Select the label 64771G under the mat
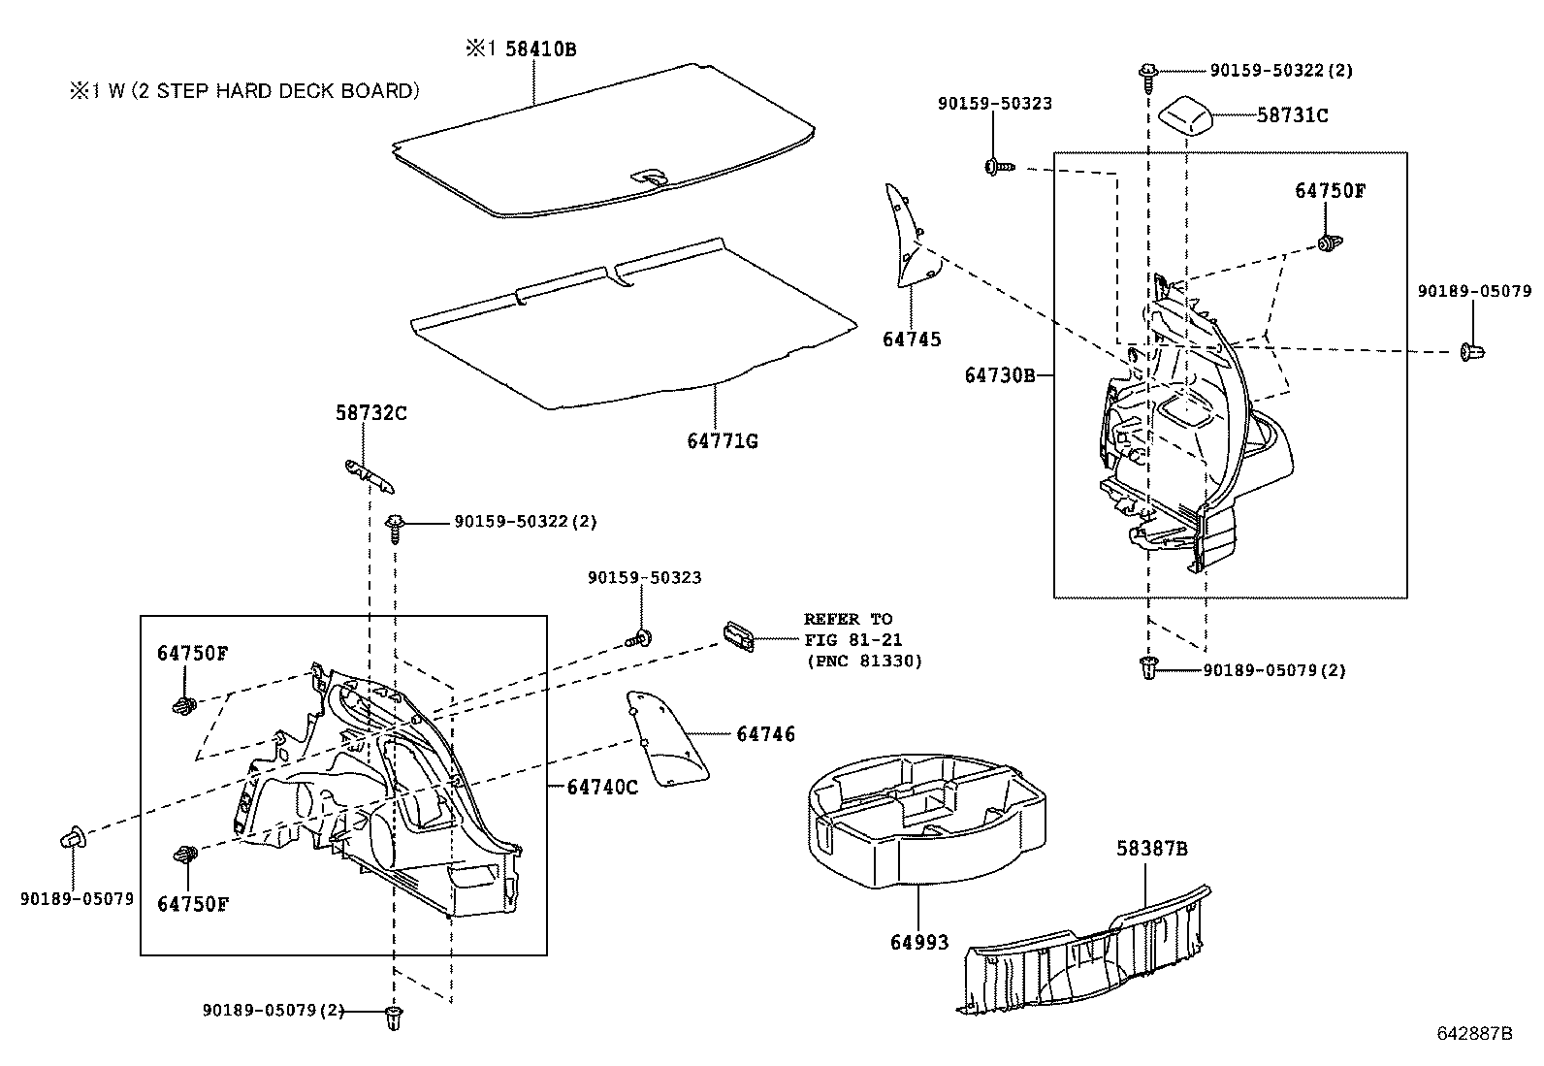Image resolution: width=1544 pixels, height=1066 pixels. coord(723,441)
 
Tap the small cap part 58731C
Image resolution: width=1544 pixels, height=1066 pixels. coord(1189,117)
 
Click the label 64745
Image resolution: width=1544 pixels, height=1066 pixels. coord(912,339)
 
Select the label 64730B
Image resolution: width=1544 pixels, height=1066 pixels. coord(1000,374)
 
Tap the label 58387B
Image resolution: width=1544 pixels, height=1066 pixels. coord(1151,849)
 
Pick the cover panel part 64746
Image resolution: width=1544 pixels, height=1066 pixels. coord(667,742)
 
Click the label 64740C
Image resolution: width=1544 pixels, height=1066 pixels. coord(602,787)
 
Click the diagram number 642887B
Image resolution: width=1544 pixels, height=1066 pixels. coord(1474,1032)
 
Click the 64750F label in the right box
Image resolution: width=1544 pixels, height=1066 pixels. coord(1330,190)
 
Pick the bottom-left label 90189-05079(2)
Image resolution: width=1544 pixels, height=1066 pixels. coord(273,1010)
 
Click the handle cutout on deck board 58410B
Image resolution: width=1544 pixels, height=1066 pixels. coord(648,177)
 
